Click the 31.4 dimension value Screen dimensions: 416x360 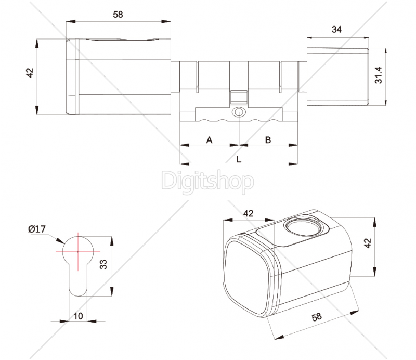[379, 75]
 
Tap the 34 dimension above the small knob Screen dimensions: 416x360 [336, 30]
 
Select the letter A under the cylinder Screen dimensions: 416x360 [210, 140]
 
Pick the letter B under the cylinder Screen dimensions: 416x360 [268, 140]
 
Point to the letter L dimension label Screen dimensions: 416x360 [239, 159]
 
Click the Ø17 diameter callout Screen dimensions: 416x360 [37, 229]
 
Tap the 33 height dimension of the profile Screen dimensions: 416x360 [103, 264]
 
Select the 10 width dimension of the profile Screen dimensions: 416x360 [78, 316]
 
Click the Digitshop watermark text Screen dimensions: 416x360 [207, 182]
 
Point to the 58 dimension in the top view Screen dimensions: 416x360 [118, 15]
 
